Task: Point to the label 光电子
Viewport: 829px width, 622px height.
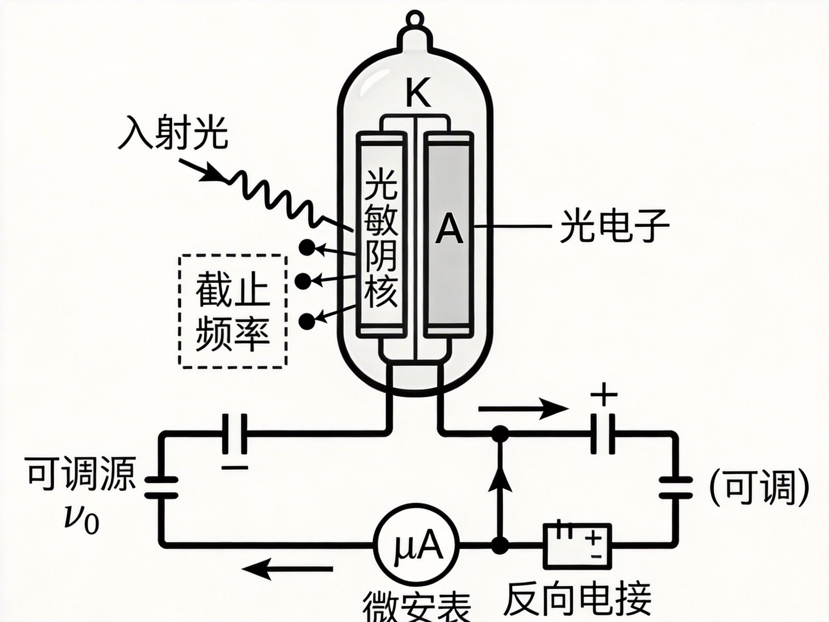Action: (x=614, y=226)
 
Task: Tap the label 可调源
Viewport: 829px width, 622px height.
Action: (x=81, y=474)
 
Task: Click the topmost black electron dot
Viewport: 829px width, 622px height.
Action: (x=307, y=247)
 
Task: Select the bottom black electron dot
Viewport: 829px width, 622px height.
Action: (x=307, y=321)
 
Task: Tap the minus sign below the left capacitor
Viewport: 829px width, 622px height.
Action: (x=235, y=468)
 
